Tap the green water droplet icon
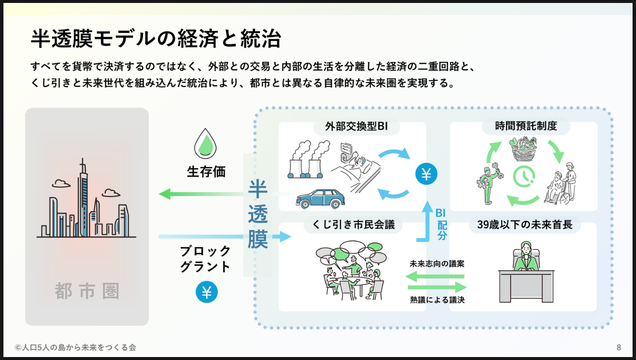(x=206, y=142)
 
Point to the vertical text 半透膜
(x=258, y=214)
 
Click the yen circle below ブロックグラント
(x=206, y=292)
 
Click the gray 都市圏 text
(x=87, y=291)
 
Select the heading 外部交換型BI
(x=356, y=126)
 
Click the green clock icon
(x=524, y=177)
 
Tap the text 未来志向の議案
(x=437, y=264)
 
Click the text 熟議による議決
(x=437, y=300)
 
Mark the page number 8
(x=619, y=348)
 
